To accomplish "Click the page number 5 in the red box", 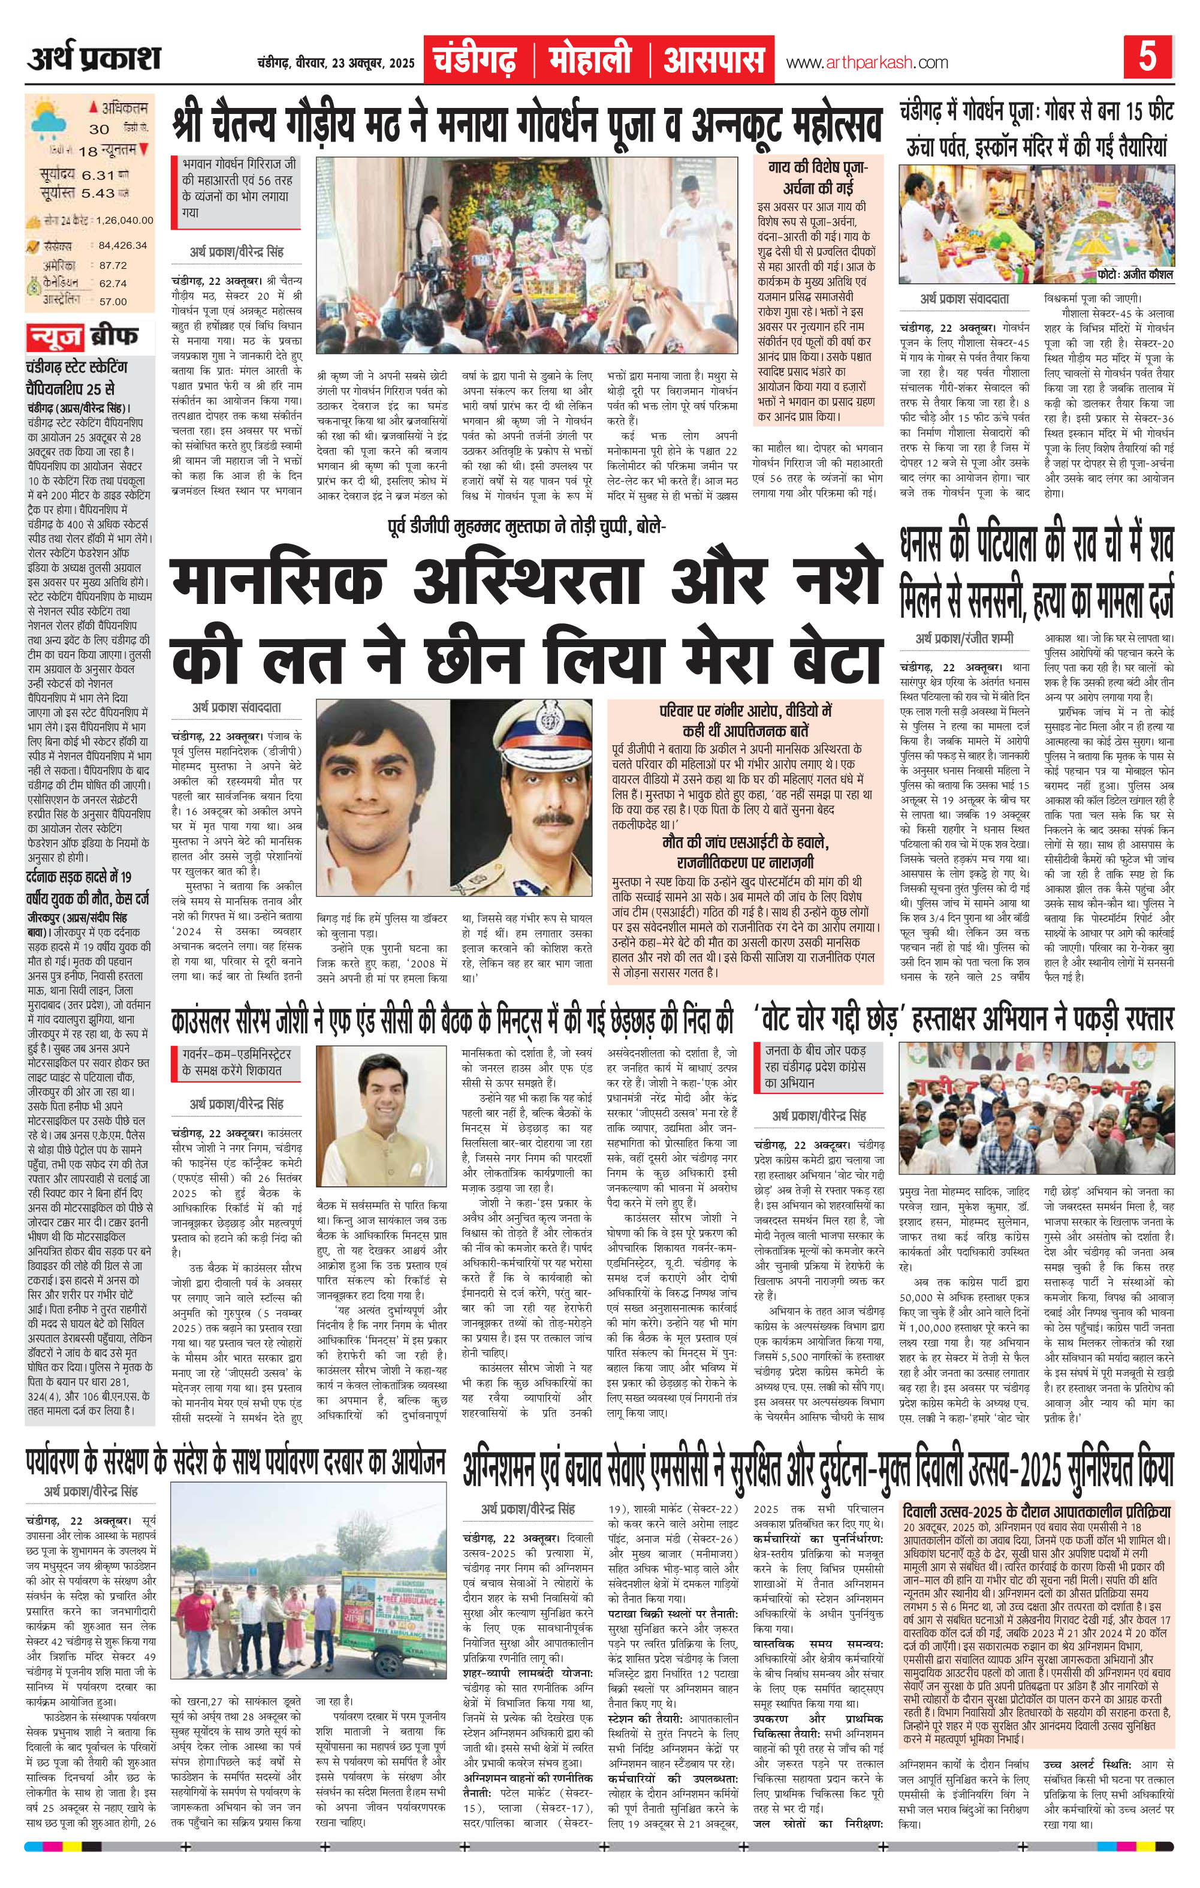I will (x=1147, y=59).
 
